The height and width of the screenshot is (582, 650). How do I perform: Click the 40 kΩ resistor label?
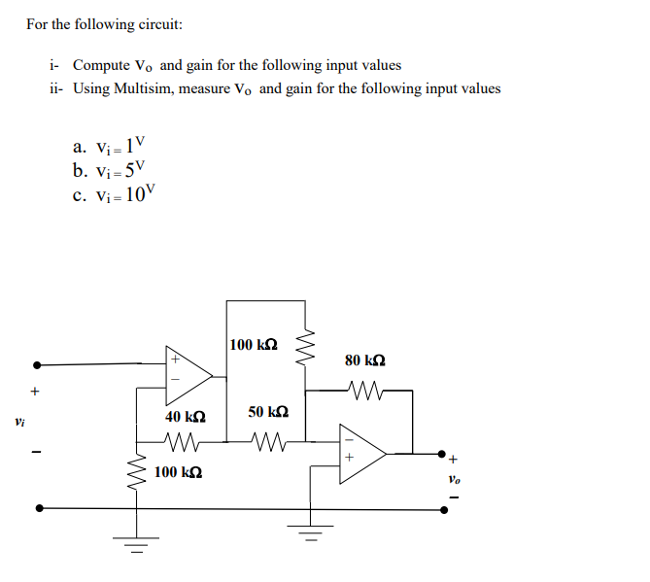pos(185,416)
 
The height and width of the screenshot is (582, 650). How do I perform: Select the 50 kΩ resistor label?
pos(267,413)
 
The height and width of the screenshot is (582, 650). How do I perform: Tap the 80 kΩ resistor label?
pos(365,360)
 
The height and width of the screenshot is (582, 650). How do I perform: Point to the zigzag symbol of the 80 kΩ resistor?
pos(367,392)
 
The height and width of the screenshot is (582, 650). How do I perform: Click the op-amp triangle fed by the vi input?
pos(188,374)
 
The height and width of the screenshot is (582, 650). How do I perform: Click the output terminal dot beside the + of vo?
pos(444,454)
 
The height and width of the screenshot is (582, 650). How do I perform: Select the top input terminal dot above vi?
pos(37,365)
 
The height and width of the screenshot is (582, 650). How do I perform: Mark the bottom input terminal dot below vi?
pos(37,507)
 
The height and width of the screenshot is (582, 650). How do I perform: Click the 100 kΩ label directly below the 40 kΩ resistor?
pos(179,472)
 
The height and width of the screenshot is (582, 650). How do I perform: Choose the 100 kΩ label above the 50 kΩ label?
pos(255,345)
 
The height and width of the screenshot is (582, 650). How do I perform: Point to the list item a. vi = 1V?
pos(109,148)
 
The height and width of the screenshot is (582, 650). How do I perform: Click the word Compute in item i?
pos(101,65)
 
